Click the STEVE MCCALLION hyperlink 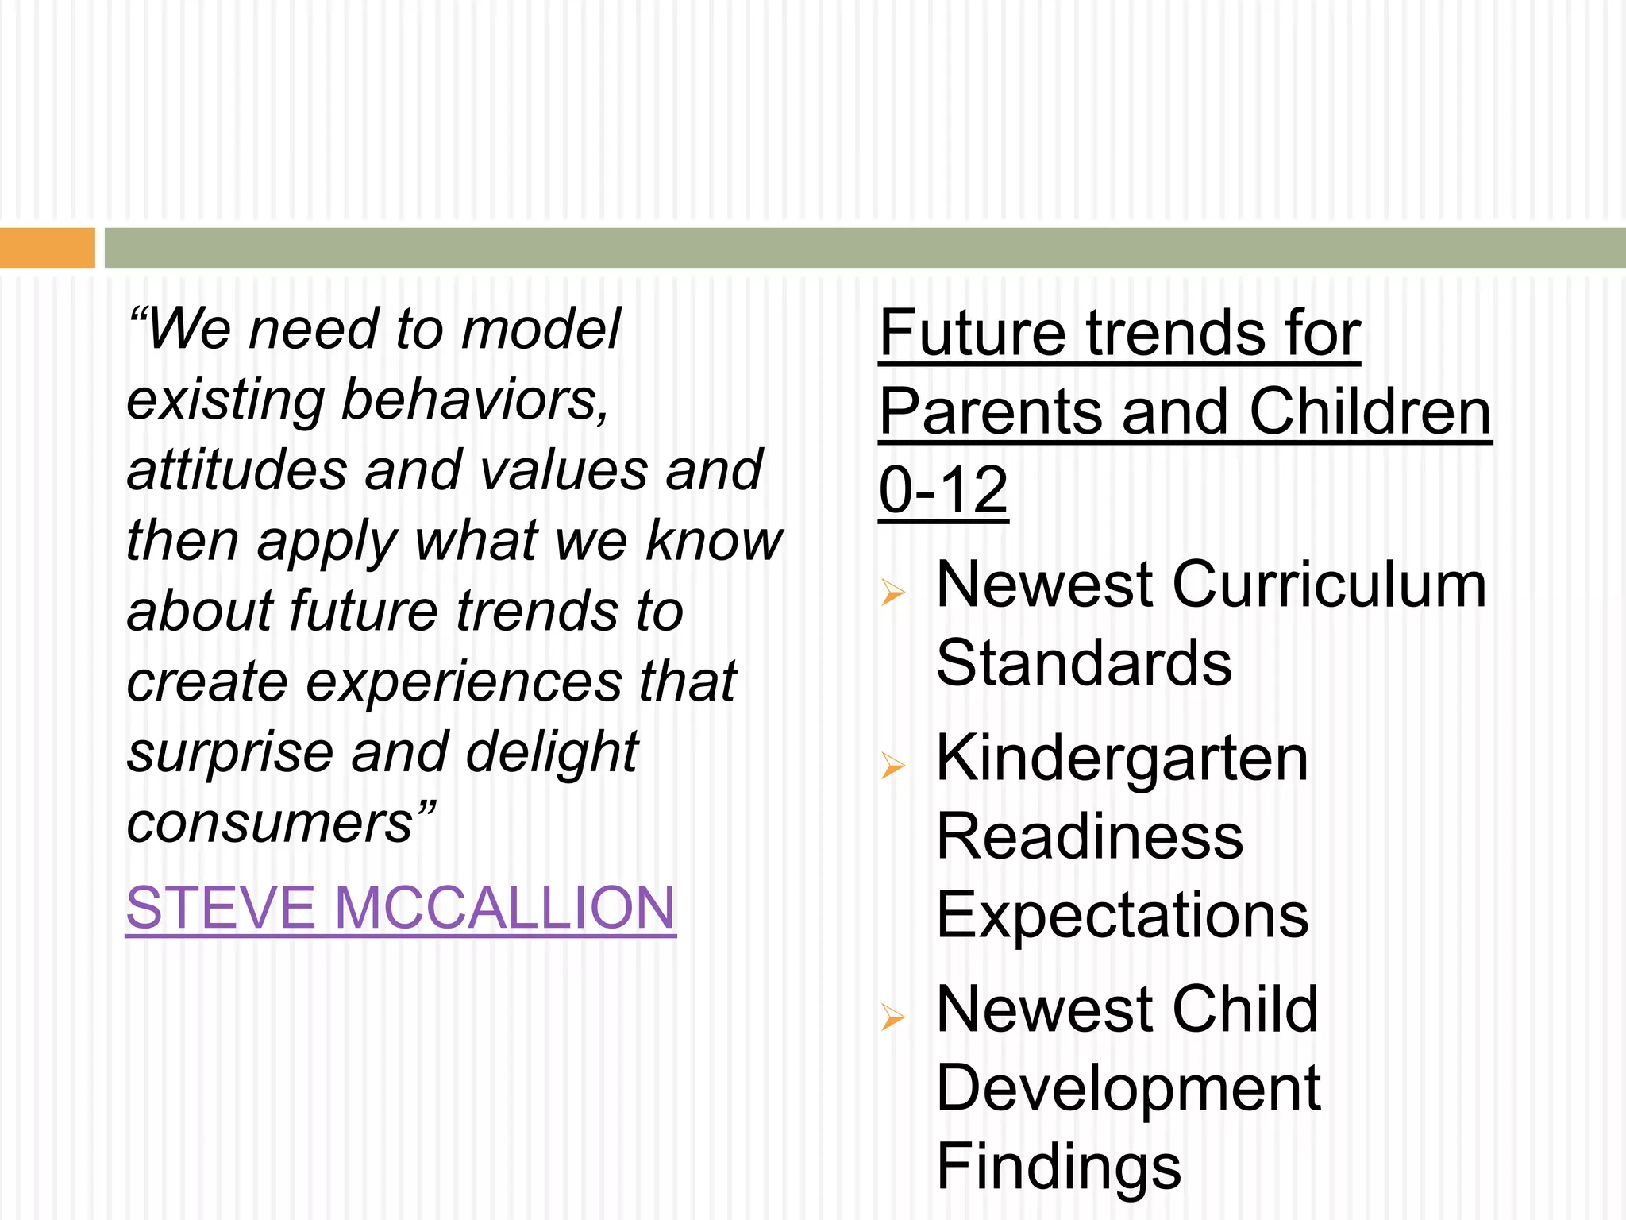[400, 908]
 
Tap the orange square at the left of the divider [47, 248]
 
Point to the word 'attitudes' [237, 470]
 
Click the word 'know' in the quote [714, 541]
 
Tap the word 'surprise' [230, 753]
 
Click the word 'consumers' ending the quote [270, 823]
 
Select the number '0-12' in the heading [943, 490]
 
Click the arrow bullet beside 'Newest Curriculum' [893, 592]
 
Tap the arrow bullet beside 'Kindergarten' [893, 765]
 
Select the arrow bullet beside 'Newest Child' [893, 1016]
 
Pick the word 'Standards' [1084, 663]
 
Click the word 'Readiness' [1089, 837]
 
